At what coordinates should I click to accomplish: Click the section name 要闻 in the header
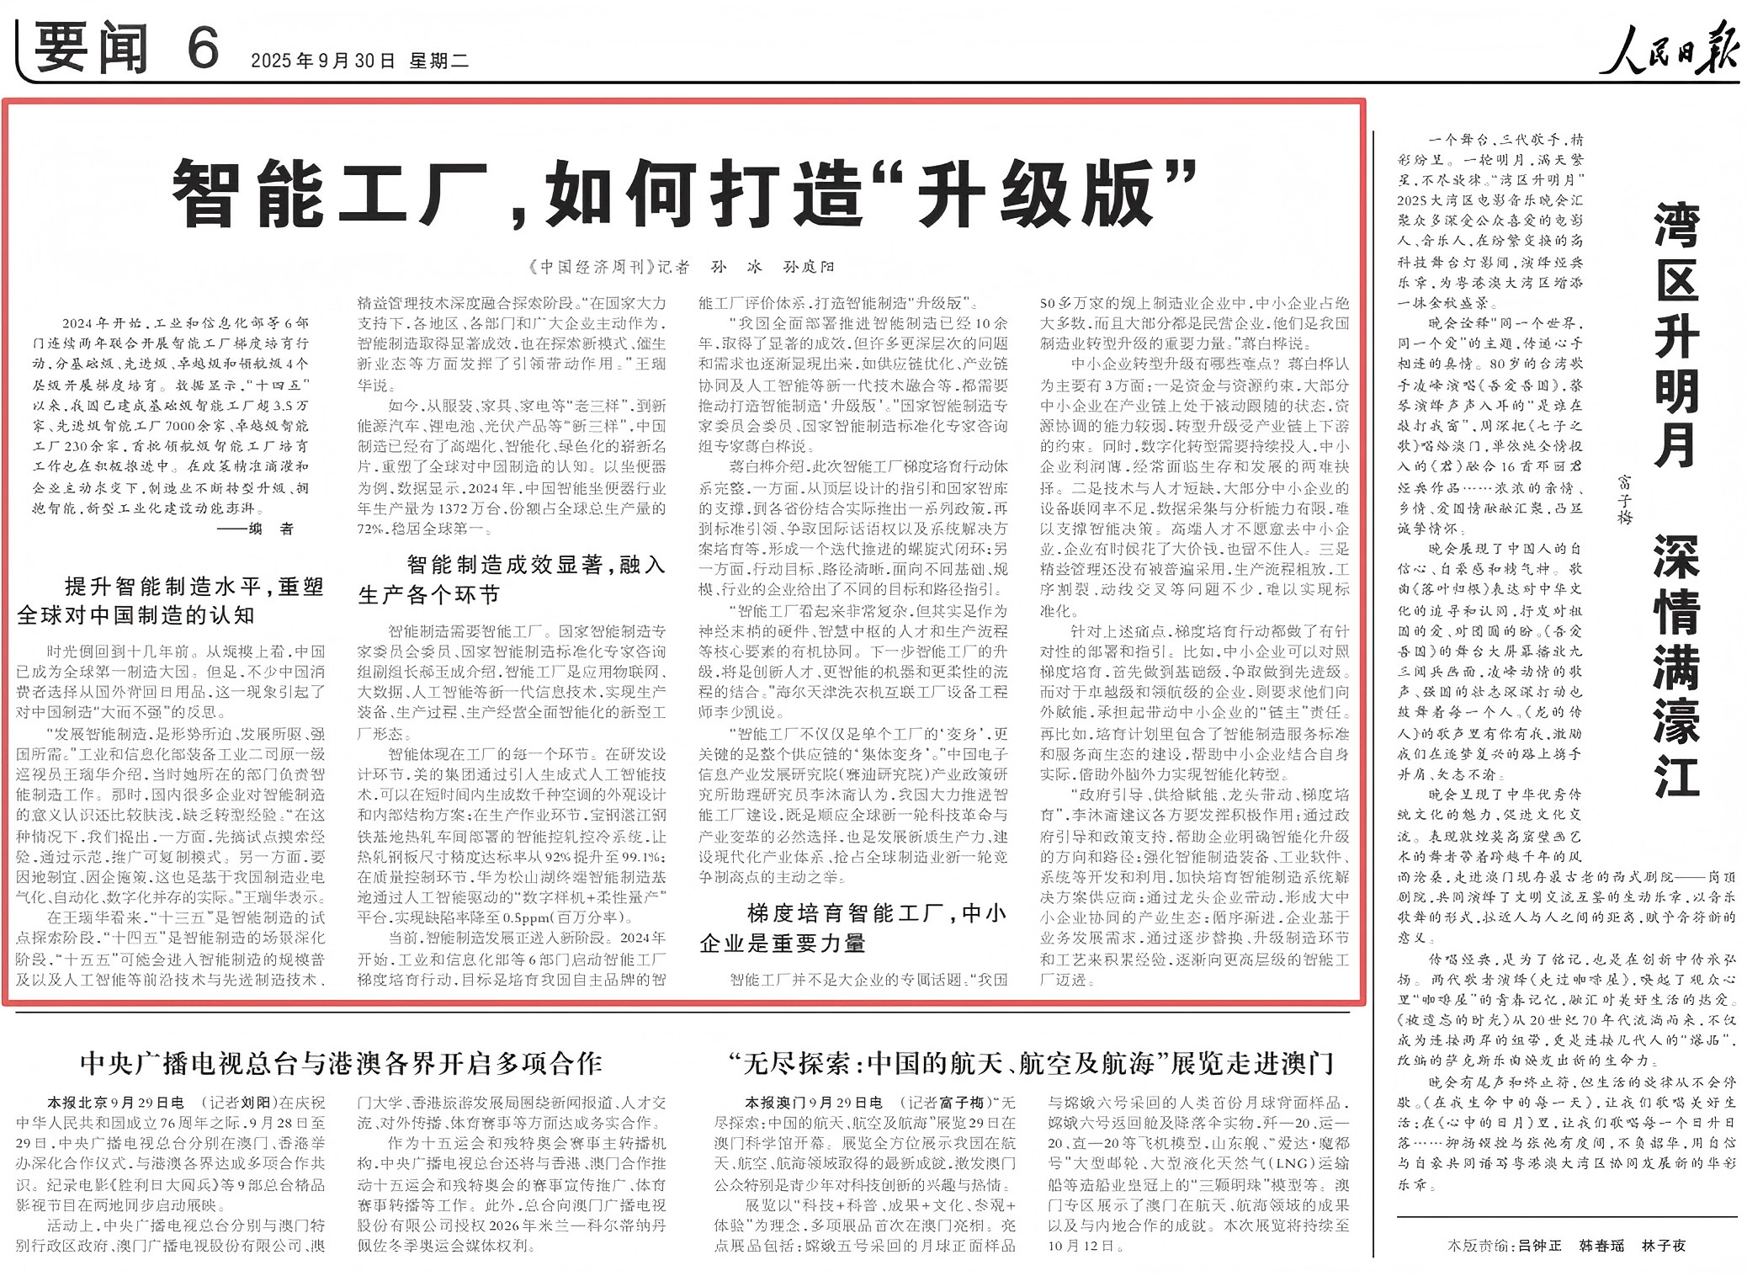(91, 49)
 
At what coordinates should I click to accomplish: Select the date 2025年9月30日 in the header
(322, 61)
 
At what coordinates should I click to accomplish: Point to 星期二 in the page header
(438, 61)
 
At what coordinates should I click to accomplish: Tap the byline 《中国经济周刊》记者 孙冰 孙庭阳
(683, 267)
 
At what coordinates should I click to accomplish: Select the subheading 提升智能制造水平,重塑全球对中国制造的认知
(170, 601)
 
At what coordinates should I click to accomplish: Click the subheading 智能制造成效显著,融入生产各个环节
(512, 579)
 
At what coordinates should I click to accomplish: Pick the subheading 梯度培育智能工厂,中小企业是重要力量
(852, 928)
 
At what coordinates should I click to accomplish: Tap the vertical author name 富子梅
(1624, 498)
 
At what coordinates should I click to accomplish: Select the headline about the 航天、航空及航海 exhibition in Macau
(1031, 1063)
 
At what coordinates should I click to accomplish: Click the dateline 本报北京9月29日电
(115, 1102)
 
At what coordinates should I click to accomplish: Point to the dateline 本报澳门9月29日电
(813, 1102)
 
